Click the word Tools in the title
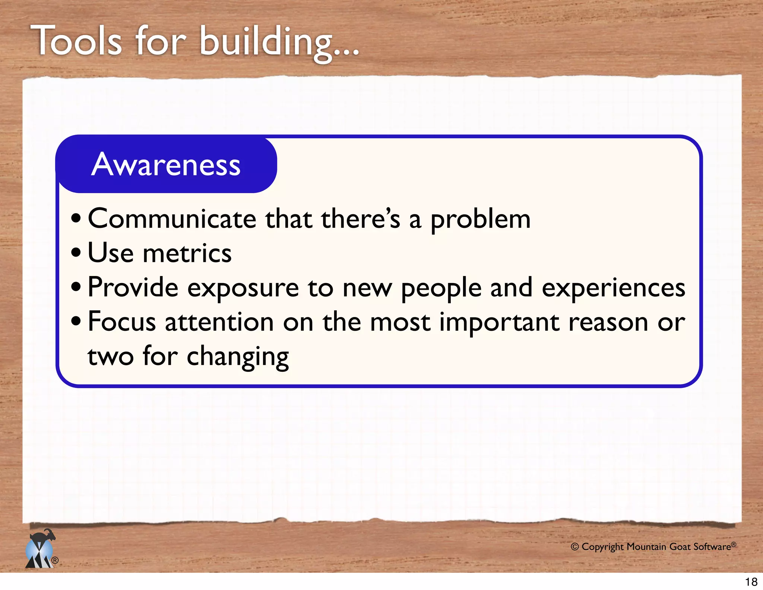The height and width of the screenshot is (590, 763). (x=76, y=41)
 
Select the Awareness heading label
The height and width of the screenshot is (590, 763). (x=166, y=164)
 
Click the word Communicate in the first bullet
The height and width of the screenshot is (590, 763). (x=172, y=219)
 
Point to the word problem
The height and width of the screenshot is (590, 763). (x=481, y=220)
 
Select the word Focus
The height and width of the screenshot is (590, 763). (x=122, y=322)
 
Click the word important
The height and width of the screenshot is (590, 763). (x=499, y=323)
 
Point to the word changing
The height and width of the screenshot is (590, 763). (x=238, y=357)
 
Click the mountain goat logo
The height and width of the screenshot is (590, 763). (x=40, y=549)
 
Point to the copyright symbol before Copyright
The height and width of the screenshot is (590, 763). (x=574, y=547)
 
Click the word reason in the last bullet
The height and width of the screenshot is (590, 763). (x=608, y=322)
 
